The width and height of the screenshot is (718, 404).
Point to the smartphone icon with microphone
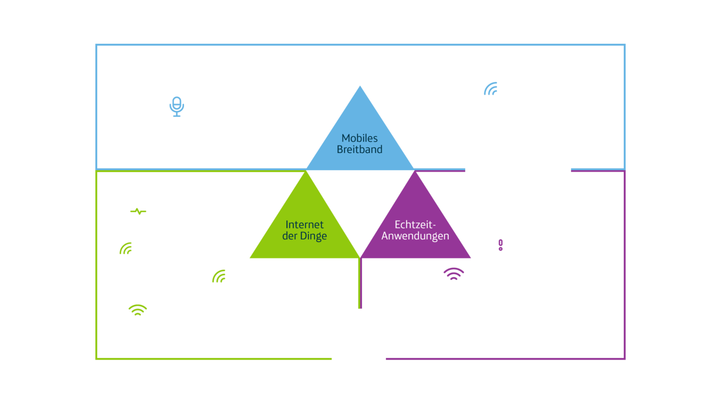click(177, 107)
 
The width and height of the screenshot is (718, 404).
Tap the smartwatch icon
click(137, 208)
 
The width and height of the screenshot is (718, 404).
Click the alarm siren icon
click(500, 244)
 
